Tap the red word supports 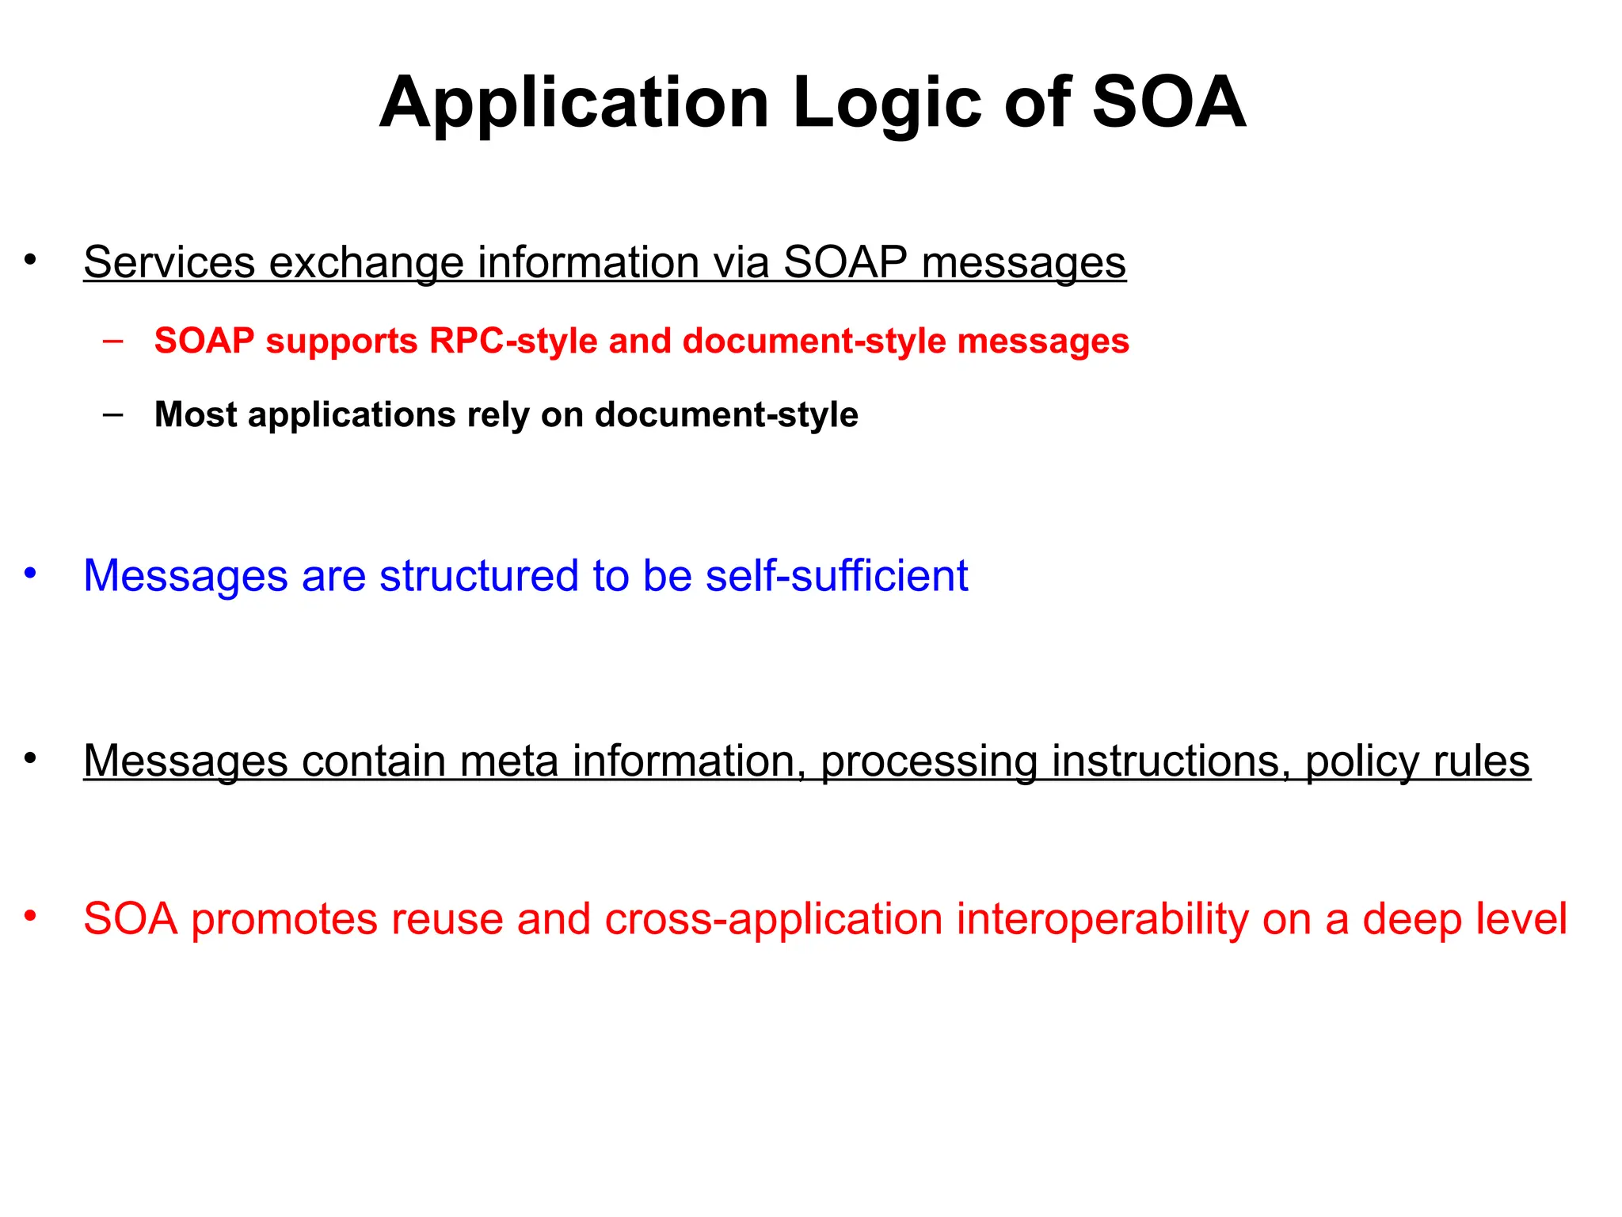tap(341, 341)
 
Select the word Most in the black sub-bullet tap(195, 414)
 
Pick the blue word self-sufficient tap(836, 575)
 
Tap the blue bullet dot tap(30, 573)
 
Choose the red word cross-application tap(774, 919)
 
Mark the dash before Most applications tap(113, 414)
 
